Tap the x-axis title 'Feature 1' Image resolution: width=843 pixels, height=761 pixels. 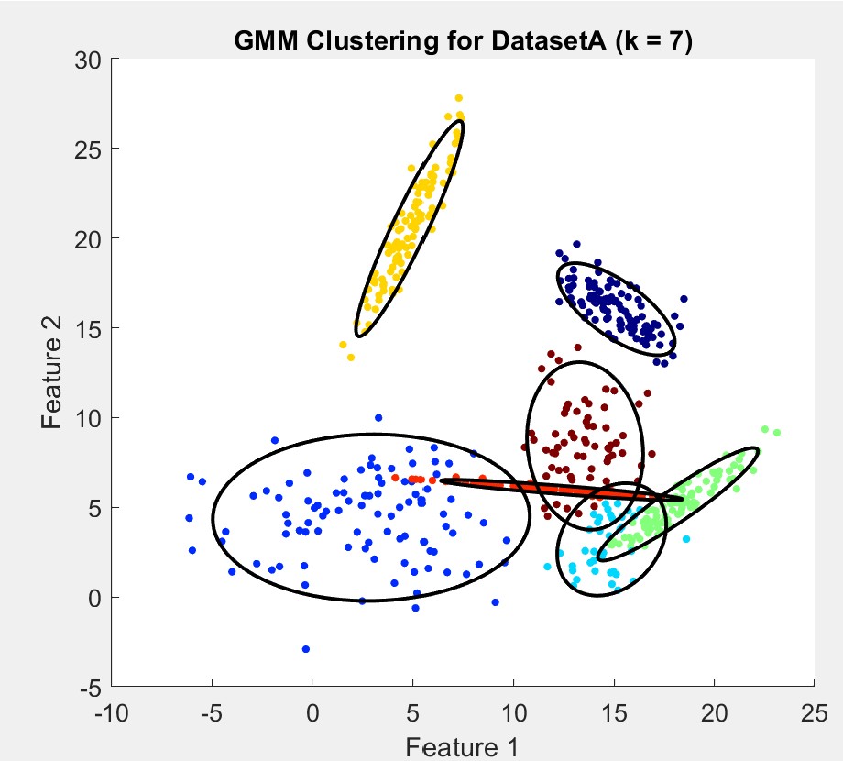click(463, 746)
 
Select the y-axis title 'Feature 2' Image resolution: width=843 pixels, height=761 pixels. click(52, 372)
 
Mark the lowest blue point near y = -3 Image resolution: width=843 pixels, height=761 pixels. click(305, 649)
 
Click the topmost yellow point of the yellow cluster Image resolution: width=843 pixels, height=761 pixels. click(459, 98)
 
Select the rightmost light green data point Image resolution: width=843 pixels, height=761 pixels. click(777, 432)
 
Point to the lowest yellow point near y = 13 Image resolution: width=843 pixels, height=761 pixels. click(351, 357)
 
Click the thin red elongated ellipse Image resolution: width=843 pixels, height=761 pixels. click(559, 489)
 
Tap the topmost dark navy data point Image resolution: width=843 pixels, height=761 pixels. click(576, 245)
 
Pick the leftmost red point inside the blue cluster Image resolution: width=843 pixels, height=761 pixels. click(395, 478)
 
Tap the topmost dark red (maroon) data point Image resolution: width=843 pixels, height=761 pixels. click(577, 347)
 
